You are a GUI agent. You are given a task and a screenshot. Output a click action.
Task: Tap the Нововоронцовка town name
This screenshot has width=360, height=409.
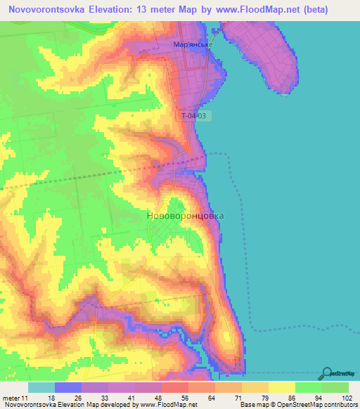point(185,216)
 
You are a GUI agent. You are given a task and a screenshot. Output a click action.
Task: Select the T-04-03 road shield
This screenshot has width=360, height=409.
point(194,115)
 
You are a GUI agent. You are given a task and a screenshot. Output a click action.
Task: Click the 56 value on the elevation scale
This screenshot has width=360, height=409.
point(165,397)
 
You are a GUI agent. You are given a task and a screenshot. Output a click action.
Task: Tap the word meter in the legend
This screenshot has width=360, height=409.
point(12,397)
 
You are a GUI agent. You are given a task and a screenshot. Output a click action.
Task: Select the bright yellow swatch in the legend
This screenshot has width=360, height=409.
point(281,387)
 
